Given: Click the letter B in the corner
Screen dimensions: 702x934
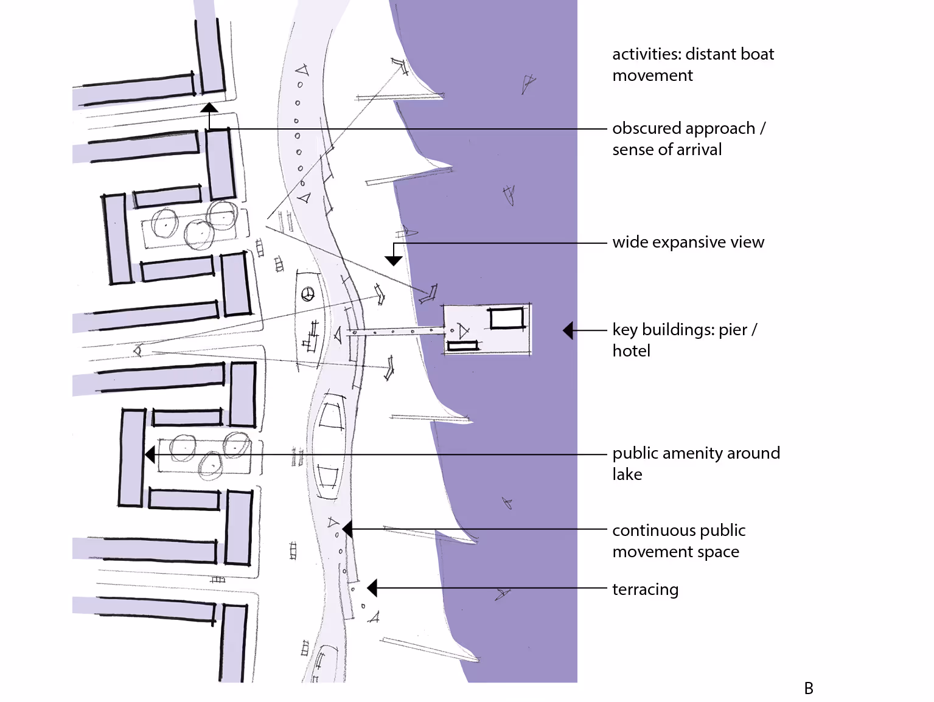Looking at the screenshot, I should pyautogui.click(x=809, y=688).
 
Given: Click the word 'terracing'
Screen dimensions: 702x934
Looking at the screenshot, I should pyautogui.click(x=645, y=589).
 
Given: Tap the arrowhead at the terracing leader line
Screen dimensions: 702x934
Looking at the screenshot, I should pyautogui.click(x=372, y=588).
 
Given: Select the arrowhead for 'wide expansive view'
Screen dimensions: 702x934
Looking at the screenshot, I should pyautogui.click(x=394, y=260).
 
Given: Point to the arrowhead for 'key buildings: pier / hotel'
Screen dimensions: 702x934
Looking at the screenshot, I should pyautogui.click(x=568, y=330).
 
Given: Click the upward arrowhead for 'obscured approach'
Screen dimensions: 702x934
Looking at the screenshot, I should pyautogui.click(x=209, y=108).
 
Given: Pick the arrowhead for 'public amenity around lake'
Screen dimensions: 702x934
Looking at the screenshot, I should pyautogui.click(x=150, y=454).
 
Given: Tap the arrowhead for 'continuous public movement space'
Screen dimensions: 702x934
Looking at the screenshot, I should pyautogui.click(x=347, y=529).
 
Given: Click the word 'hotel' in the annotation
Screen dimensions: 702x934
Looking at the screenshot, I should pyautogui.click(x=631, y=351).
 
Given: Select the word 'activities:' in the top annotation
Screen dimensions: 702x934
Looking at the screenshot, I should pyautogui.click(x=646, y=54).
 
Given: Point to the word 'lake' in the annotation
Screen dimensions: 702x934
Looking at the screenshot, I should pyautogui.click(x=627, y=474).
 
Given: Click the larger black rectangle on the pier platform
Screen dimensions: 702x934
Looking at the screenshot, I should pyautogui.click(x=507, y=318).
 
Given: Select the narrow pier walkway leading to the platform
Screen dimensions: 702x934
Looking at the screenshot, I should pyautogui.click(x=396, y=332).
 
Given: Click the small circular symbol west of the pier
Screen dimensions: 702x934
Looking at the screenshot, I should pyautogui.click(x=308, y=294).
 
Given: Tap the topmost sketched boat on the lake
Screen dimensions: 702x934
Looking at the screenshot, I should pyautogui.click(x=528, y=83).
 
